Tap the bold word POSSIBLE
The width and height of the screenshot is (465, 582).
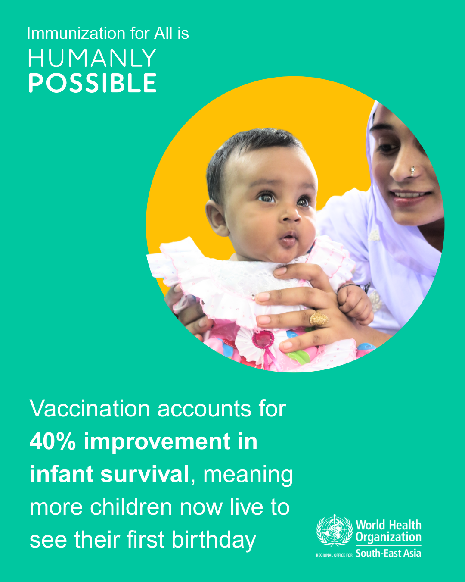(x=93, y=83)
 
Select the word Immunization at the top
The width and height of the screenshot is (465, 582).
(x=76, y=34)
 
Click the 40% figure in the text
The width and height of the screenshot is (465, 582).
(x=53, y=441)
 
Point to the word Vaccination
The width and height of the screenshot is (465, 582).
(x=90, y=409)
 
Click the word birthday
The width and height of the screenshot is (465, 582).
(x=214, y=540)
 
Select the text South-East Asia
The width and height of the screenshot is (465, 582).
(x=388, y=554)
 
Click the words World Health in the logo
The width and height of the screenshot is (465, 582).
(x=388, y=525)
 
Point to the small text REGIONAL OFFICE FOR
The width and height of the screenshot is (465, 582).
(x=334, y=555)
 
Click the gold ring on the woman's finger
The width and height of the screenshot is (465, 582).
(x=319, y=319)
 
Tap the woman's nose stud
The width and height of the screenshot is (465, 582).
(x=412, y=171)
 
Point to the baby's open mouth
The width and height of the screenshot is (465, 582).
(x=288, y=238)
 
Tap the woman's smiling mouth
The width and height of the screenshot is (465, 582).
(x=411, y=196)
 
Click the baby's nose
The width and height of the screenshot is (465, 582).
(x=290, y=214)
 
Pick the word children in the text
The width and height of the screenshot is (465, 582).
(x=131, y=507)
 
